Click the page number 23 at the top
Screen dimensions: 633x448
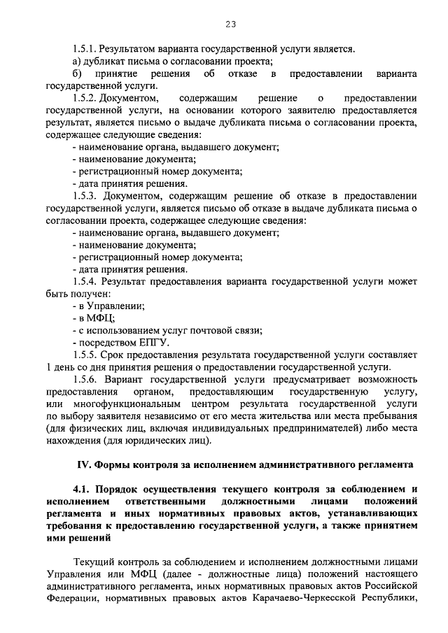click(230, 24)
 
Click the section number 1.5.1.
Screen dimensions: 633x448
click(85, 50)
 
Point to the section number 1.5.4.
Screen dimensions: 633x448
click(85, 281)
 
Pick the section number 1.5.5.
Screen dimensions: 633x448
click(85, 355)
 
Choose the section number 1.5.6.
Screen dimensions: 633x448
click(85, 379)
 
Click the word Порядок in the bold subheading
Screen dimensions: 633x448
click(118, 490)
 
